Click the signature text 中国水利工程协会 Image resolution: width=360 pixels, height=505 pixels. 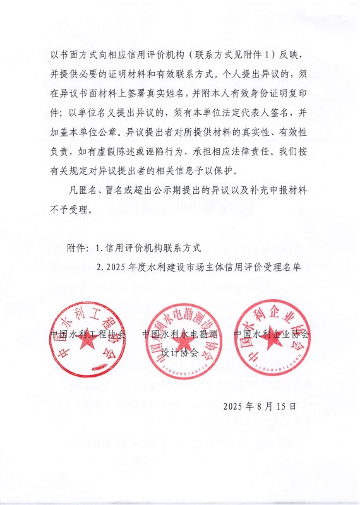click(88, 334)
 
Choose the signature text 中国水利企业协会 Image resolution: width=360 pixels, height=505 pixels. click(272, 334)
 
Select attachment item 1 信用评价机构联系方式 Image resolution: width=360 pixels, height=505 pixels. click(153, 247)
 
